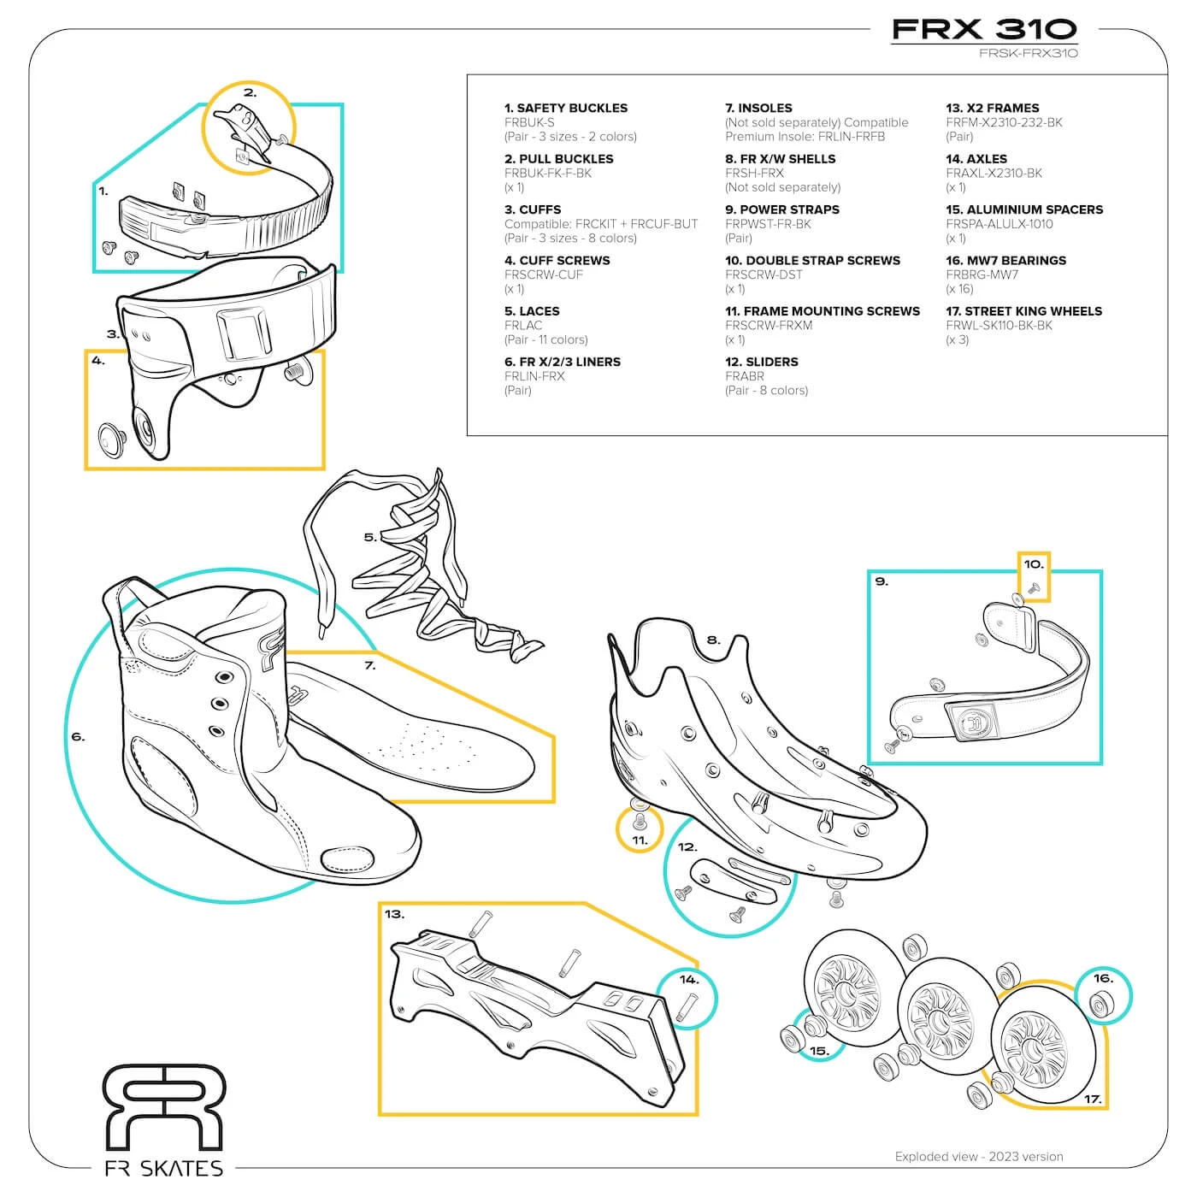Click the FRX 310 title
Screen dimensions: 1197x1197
(984, 29)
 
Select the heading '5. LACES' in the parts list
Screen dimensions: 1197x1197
(532, 311)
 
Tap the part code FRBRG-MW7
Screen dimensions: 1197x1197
(982, 274)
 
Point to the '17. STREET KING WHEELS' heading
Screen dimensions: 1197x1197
(1023, 311)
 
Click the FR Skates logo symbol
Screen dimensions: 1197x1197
(163, 1107)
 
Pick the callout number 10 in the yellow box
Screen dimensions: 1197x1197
(1034, 564)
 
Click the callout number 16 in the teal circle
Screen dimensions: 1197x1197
(1103, 978)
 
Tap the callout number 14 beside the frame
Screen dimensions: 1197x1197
(689, 980)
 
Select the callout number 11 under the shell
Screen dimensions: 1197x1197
(640, 840)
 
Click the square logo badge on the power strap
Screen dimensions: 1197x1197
(972, 723)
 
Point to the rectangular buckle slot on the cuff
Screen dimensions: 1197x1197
(240, 333)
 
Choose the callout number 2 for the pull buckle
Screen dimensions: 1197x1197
(250, 93)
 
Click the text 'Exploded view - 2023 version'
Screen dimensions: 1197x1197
(979, 1157)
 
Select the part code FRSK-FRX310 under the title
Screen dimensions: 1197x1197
(1029, 53)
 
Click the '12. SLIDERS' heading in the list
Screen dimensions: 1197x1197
(761, 362)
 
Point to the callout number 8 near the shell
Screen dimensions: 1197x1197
(713, 640)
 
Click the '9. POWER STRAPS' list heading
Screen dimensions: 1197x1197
(781, 209)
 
